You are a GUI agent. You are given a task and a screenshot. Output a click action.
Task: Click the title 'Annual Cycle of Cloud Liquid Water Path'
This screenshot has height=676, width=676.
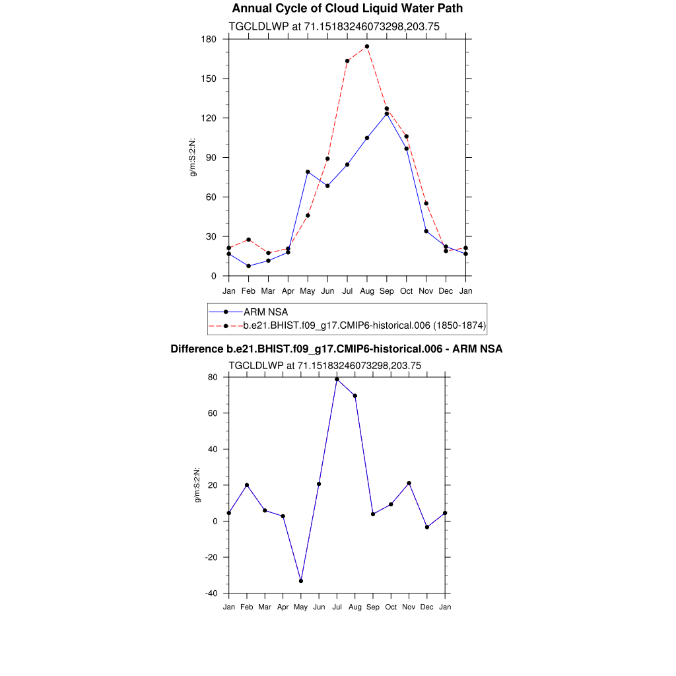(x=347, y=9)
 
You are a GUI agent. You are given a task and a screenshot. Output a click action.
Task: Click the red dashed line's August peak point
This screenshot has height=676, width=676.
(x=367, y=47)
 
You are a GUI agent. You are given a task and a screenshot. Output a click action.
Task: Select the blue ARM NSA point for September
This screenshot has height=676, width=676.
(x=387, y=114)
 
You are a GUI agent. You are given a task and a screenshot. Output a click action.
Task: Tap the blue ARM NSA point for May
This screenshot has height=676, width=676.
(x=308, y=172)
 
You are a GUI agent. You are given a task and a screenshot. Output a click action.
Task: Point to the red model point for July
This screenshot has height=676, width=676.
(x=347, y=61)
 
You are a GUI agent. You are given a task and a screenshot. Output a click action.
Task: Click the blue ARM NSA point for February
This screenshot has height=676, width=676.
(x=248, y=266)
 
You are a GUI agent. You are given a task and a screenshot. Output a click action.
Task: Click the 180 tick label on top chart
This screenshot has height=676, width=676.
(x=209, y=39)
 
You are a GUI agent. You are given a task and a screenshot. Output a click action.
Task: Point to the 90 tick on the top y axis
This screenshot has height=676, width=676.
(x=211, y=158)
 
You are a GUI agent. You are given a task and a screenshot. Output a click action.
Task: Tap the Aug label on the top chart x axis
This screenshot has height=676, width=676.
(x=367, y=291)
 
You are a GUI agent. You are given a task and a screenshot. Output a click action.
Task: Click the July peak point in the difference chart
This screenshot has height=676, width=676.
(x=337, y=379)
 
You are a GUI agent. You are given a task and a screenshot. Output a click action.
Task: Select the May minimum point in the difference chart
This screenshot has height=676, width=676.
(x=301, y=581)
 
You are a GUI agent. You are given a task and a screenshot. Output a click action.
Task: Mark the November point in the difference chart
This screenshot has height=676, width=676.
(x=409, y=483)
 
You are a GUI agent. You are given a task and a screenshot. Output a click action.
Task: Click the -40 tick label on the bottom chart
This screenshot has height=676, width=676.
(x=211, y=593)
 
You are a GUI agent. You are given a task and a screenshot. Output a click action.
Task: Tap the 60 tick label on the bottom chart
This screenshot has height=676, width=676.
(x=213, y=413)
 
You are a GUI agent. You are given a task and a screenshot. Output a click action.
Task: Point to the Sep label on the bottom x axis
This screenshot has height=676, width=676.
(x=373, y=607)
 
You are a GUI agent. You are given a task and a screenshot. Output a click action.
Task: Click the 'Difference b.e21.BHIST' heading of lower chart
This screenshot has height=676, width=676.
(x=337, y=349)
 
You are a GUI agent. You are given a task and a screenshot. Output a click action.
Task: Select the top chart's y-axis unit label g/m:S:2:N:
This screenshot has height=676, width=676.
(x=193, y=157)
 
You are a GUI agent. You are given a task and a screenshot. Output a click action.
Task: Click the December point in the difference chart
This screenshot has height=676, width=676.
(x=427, y=527)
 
